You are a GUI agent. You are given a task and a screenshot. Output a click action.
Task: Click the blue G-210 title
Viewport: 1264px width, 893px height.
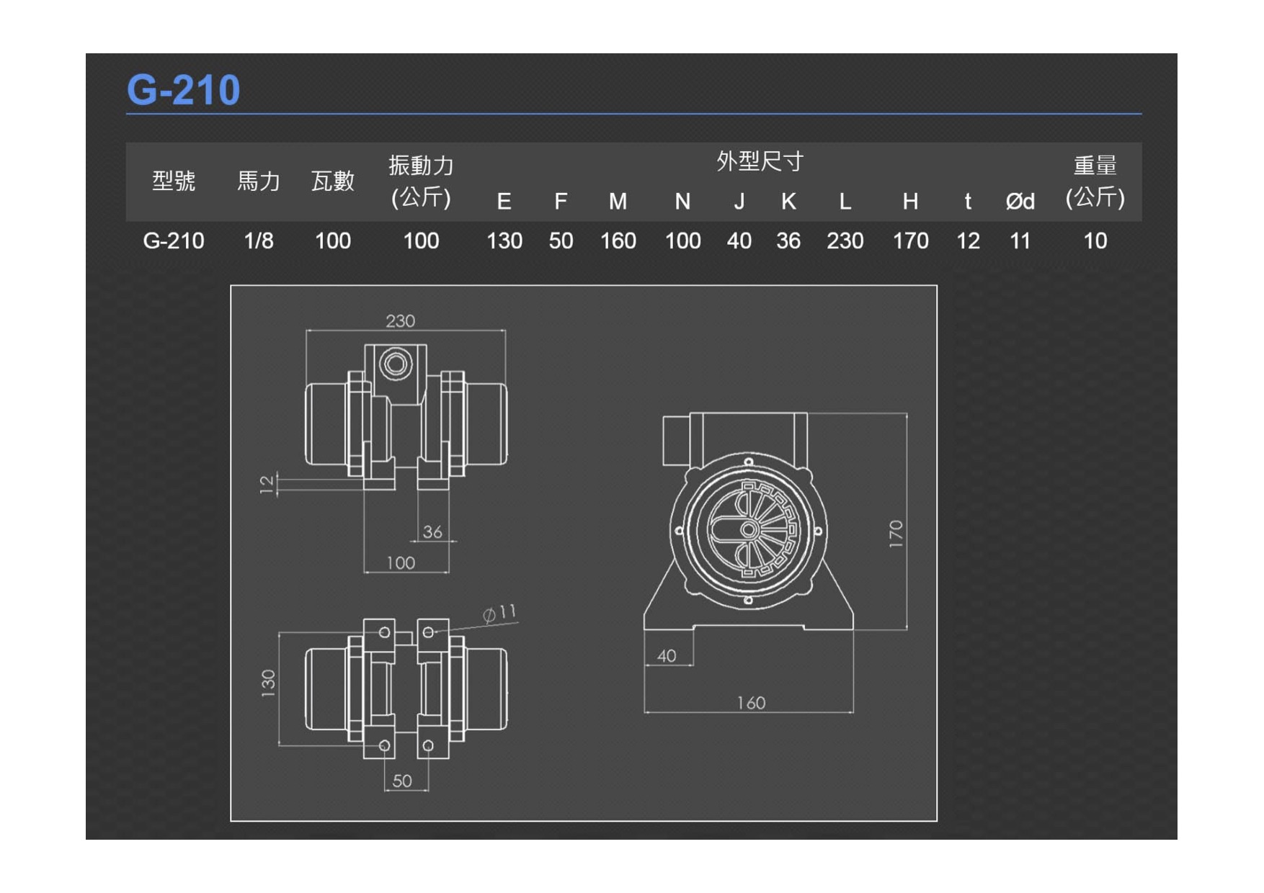[183, 90]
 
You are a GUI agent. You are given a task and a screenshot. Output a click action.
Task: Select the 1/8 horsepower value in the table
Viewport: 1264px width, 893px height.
[259, 241]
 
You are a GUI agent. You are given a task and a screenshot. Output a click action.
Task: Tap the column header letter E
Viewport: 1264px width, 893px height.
[504, 202]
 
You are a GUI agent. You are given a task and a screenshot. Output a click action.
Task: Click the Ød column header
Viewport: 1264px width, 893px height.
[1020, 202]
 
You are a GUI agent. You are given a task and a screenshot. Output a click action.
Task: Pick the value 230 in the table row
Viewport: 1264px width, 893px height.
[845, 241]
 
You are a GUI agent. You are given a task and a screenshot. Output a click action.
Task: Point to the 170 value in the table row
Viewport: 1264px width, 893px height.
[910, 241]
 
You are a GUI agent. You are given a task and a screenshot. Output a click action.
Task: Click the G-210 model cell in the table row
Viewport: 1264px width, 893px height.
[174, 241]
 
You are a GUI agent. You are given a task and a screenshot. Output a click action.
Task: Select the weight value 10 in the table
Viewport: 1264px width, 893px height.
[1095, 241]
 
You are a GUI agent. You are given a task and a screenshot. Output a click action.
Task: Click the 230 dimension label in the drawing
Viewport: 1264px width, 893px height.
[400, 320]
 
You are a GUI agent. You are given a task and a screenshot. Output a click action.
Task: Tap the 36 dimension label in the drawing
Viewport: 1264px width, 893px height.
[432, 531]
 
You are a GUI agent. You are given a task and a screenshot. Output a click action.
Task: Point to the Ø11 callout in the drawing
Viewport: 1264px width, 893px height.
[499, 614]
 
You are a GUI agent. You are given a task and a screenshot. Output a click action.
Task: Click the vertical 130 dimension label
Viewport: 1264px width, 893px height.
[268, 683]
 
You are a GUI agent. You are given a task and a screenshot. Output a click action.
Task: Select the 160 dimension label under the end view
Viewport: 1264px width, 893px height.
[751, 703]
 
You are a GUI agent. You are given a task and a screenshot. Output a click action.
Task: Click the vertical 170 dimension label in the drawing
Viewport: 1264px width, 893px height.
[896, 534]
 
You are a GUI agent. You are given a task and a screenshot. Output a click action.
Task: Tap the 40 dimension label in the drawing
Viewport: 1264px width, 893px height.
[667, 655]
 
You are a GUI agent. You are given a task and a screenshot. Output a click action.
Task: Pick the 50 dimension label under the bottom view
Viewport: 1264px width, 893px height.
[402, 781]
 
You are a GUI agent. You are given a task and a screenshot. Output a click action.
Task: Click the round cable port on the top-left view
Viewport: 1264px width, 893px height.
[395, 364]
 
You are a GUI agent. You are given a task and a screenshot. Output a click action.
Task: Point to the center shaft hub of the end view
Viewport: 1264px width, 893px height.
[748, 530]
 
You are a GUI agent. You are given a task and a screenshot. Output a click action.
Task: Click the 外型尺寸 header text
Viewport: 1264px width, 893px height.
[760, 161]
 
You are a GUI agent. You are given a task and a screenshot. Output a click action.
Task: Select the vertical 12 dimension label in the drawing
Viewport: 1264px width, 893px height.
[267, 484]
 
